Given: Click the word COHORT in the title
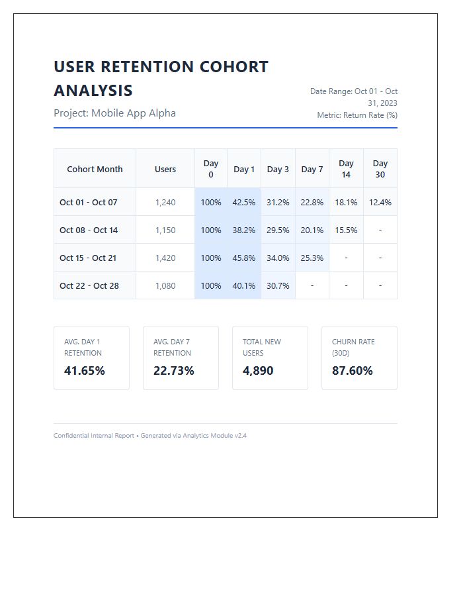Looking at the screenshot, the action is pos(234,67).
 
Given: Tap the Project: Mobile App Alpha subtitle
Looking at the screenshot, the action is pos(114,113).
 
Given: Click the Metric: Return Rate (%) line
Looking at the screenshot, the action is pos(357,115).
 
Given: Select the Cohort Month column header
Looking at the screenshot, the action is pos(95,169).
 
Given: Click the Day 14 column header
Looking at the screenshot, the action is pos(346,169).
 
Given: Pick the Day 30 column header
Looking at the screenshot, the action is pos(380,169).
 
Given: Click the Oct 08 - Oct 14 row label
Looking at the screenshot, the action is pos(89,230).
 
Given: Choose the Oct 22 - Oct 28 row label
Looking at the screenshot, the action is pos(89,285).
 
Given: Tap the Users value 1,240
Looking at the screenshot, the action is pos(165,202).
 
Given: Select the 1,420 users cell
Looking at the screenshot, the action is pos(165,258).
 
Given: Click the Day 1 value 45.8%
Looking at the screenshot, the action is pos(244,258).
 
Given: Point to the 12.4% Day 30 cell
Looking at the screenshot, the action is pos(380,202).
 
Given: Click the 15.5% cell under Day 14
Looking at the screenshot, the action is pos(346,230).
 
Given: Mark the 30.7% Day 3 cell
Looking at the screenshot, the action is pos(278,285).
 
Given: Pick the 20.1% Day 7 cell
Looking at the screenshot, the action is pos(312,230).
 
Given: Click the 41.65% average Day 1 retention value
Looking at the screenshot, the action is pos(85,371).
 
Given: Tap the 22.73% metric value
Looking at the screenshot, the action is pos(174,371).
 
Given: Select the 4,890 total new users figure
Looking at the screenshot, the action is pos(258,371).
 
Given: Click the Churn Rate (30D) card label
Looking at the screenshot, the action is pos(353,348).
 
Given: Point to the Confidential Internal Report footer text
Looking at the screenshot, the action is pos(94,436).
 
